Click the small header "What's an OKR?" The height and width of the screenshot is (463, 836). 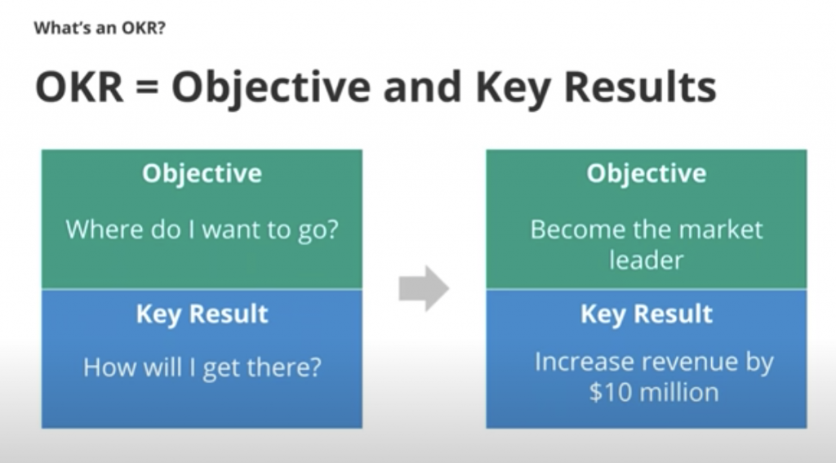(x=100, y=28)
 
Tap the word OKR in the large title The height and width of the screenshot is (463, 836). (x=79, y=87)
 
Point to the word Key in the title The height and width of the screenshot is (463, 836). (x=513, y=90)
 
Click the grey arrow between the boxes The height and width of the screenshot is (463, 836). (x=424, y=288)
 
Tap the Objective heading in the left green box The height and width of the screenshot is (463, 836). (x=202, y=174)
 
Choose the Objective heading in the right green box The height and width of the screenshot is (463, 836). (x=647, y=174)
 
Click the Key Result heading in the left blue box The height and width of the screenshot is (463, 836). (x=202, y=314)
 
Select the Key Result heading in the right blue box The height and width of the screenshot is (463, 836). (x=647, y=314)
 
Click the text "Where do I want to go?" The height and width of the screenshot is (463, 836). (x=202, y=230)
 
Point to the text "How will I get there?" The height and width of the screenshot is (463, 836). (x=202, y=367)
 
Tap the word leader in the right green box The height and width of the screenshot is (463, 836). (x=647, y=260)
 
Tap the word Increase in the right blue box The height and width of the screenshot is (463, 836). (x=583, y=362)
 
